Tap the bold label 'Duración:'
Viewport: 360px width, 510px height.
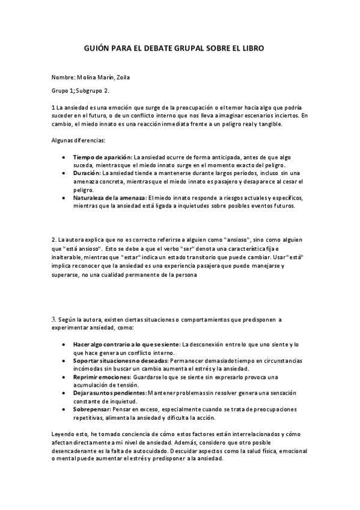pyautogui.click(x=87, y=172)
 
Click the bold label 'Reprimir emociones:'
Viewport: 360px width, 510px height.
pyautogui.click(x=99, y=376)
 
